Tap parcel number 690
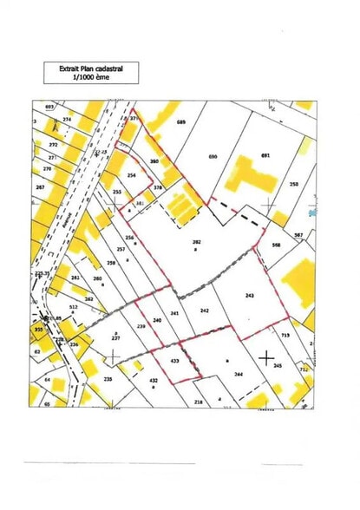(x=213, y=156)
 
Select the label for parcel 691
(x=265, y=156)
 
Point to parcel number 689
(x=181, y=123)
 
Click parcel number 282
(x=197, y=242)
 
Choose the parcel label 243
(x=251, y=296)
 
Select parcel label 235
(x=108, y=379)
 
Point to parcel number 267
(x=39, y=187)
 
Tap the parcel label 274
(x=67, y=118)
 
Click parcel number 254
(x=132, y=175)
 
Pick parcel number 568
(x=277, y=245)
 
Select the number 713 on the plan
(x=285, y=334)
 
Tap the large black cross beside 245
(x=266, y=355)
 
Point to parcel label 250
(x=293, y=184)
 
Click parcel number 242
(x=205, y=311)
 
